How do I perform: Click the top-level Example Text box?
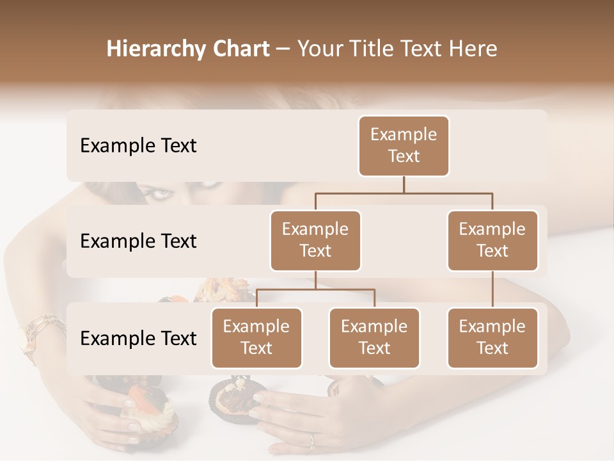(404, 145)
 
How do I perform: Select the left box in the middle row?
(315, 240)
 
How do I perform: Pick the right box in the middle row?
(492, 240)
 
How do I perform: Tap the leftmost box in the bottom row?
(256, 337)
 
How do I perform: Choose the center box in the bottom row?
(374, 337)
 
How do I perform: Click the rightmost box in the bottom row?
(492, 337)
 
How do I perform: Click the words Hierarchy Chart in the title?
(187, 49)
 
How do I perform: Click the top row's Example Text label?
(138, 145)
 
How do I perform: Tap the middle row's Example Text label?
(138, 241)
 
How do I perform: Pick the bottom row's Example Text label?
(138, 338)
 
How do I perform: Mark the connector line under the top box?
(404, 185)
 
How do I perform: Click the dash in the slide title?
(283, 49)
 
